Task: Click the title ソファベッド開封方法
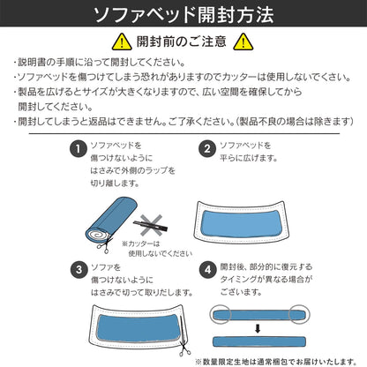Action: coord(183,15)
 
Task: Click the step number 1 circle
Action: coord(79,148)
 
